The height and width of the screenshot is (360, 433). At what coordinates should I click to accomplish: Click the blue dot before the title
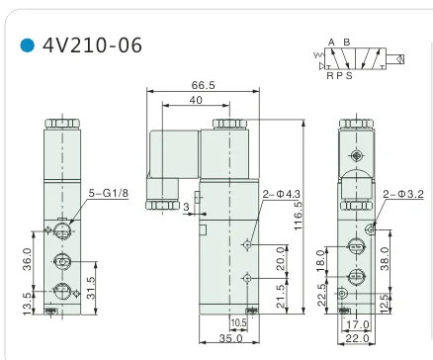[28, 45]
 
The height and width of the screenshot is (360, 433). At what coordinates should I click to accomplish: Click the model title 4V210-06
[92, 45]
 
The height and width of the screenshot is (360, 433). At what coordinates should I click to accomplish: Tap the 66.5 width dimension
[203, 85]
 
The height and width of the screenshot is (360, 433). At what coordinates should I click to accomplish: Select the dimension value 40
[196, 100]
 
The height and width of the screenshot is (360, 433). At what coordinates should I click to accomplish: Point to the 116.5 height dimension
[298, 216]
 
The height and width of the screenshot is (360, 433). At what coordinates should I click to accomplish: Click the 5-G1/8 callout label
[109, 193]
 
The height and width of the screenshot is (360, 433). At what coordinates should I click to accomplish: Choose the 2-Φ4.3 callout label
[282, 194]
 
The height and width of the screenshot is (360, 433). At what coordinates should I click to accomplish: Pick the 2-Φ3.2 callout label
[403, 194]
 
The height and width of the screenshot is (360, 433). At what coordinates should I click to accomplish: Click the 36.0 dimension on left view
[28, 259]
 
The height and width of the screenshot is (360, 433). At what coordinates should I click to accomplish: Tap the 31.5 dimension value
[91, 288]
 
